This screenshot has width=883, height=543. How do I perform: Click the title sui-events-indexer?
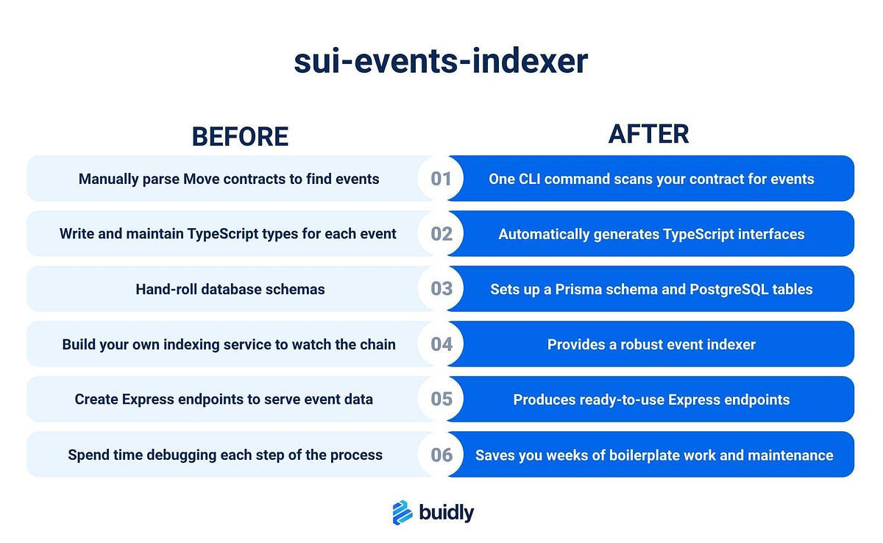pyautogui.click(x=441, y=61)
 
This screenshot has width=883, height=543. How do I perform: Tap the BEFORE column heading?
pyautogui.click(x=240, y=137)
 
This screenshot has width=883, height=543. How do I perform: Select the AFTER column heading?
pyautogui.click(x=648, y=134)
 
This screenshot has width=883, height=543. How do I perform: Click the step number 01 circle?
pyautogui.click(x=441, y=179)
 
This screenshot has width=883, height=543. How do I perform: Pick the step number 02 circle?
pyautogui.click(x=441, y=234)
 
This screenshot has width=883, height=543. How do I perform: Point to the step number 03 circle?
pyautogui.click(x=441, y=289)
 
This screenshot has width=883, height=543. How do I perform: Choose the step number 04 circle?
pyautogui.click(x=441, y=344)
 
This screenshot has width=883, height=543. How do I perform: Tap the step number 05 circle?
pyautogui.click(x=441, y=400)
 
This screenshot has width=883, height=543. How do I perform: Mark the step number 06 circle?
pyautogui.click(x=441, y=455)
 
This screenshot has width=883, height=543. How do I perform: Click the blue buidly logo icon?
pyautogui.click(x=402, y=513)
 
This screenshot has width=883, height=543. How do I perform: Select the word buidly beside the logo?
pyautogui.click(x=447, y=513)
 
